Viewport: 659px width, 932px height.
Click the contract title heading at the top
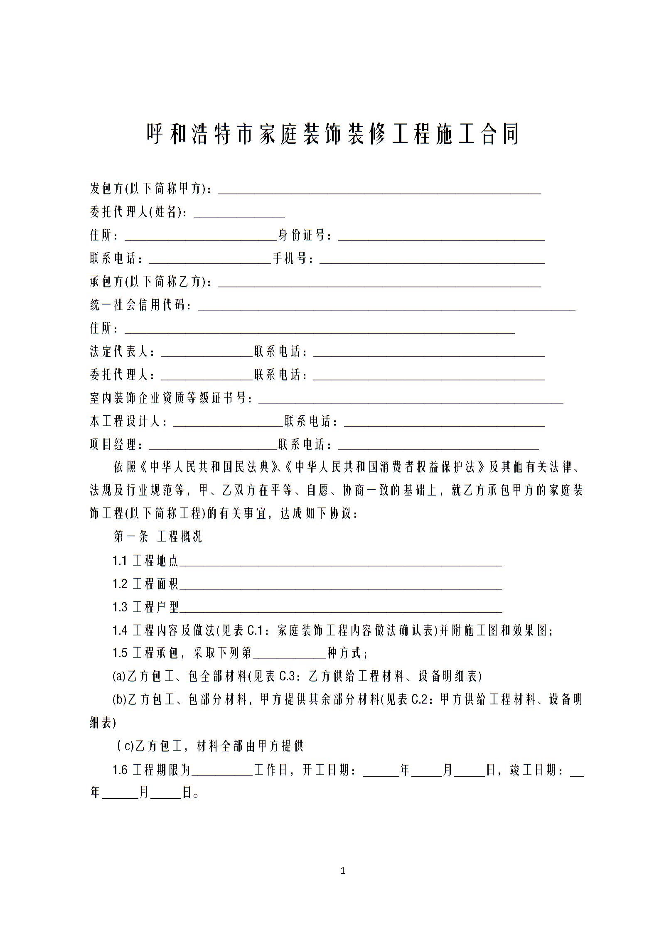click(x=333, y=134)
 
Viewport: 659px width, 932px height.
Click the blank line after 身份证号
click(x=441, y=236)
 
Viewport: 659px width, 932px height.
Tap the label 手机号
click(x=293, y=259)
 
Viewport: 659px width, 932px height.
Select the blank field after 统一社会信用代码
click(x=386, y=306)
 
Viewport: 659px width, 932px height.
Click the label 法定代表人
click(x=122, y=352)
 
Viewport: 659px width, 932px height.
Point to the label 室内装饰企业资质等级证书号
click(x=171, y=399)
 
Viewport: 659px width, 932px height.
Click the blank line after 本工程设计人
click(x=228, y=422)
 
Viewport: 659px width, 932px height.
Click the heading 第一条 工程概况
click(x=158, y=537)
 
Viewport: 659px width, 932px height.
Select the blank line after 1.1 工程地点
click(x=341, y=561)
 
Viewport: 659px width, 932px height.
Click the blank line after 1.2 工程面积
click(x=341, y=584)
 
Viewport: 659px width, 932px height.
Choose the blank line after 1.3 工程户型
click(x=341, y=608)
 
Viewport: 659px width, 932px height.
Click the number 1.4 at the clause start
click(x=120, y=631)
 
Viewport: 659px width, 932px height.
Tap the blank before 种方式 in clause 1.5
click(x=289, y=654)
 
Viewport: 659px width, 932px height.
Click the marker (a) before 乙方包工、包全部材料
click(x=119, y=677)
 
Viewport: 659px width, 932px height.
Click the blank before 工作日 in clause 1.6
click(x=222, y=771)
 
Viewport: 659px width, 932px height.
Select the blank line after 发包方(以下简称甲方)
click(x=379, y=189)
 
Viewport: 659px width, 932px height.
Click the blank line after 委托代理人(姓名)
click(x=239, y=213)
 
